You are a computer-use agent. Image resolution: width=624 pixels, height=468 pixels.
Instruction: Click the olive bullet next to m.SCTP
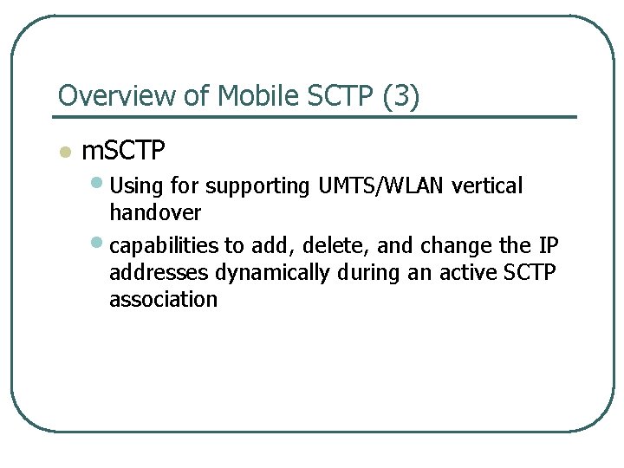63,153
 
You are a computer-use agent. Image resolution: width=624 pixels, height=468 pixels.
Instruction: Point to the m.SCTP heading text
122,152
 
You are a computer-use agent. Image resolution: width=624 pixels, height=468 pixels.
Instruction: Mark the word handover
155,213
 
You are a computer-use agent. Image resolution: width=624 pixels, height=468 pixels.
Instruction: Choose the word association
163,300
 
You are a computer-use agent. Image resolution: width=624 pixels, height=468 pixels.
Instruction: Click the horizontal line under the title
316,116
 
